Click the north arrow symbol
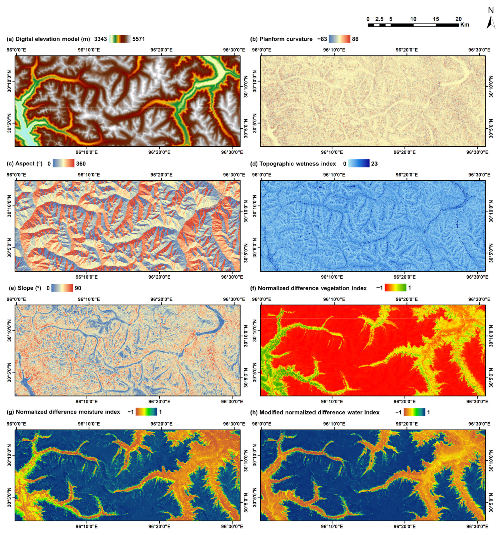(x=491, y=22)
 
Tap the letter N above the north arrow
(x=491, y=10)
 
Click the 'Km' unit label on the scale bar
(x=465, y=25)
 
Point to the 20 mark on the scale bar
(x=458, y=19)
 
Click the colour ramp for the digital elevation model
(x=120, y=39)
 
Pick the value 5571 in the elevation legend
(x=139, y=39)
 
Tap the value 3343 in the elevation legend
(x=101, y=39)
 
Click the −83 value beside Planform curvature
(x=322, y=39)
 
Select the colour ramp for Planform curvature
(x=340, y=39)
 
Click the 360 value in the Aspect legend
(x=81, y=163)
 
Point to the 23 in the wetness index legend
(x=374, y=163)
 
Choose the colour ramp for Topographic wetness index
(x=359, y=163)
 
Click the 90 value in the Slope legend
(x=78, y=288)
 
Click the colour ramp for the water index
(x=414, y=412)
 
